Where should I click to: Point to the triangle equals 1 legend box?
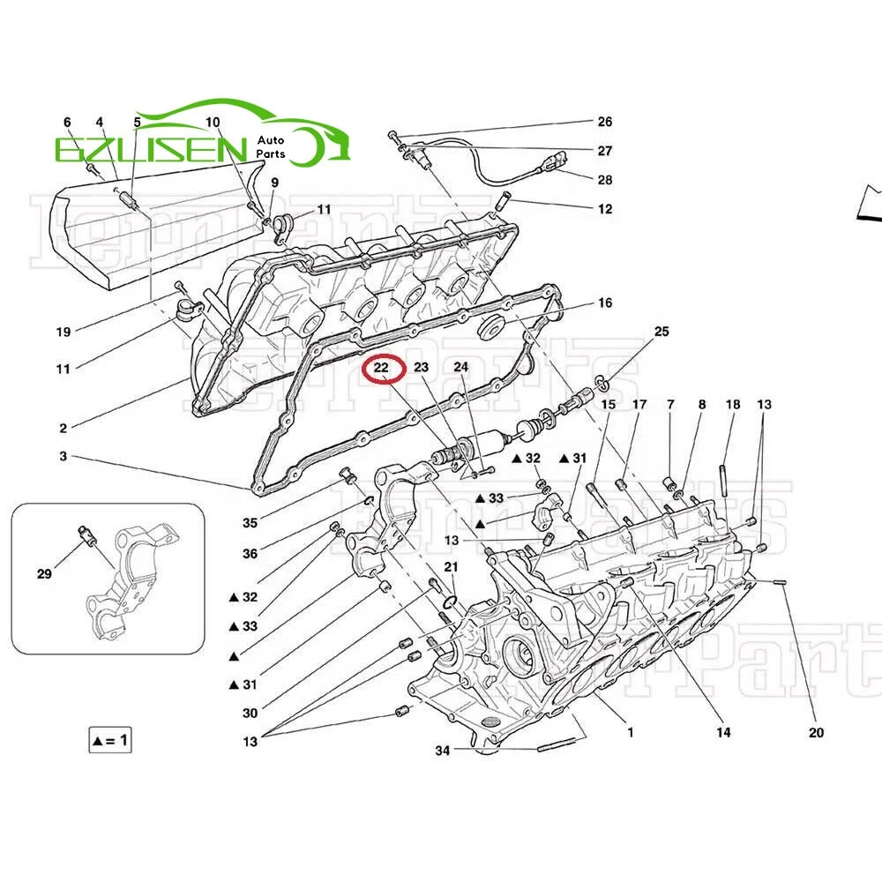[x=109, y=740]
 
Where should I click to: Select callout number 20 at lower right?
[x=816, y=732]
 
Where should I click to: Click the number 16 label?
[x=604, y=303]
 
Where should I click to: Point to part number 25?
[x=661, y=332]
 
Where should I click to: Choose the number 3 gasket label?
[x=64, y=457]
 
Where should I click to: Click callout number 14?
[x=723, y=732]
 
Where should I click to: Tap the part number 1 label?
[x=631, y=732]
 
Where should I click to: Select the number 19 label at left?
[x=64, y=333]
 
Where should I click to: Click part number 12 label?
[x=604, y=210]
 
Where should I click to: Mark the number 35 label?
[x=250, y=523]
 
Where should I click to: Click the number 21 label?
[x=451, y=566]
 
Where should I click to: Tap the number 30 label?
[x=250, y=714]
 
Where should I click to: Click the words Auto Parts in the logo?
[x=272, y=147]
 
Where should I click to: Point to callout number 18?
[x=733, y=405]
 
